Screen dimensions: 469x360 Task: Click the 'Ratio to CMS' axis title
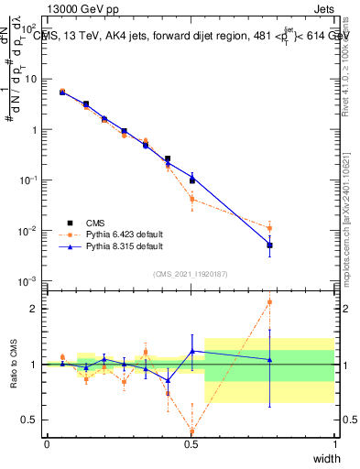(14, 365)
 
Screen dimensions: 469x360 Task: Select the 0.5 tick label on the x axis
(191, 444)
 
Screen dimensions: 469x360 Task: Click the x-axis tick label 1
(335, 444)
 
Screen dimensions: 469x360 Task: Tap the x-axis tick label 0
(47, 444)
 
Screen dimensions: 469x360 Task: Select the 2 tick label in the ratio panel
(35, 309)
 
